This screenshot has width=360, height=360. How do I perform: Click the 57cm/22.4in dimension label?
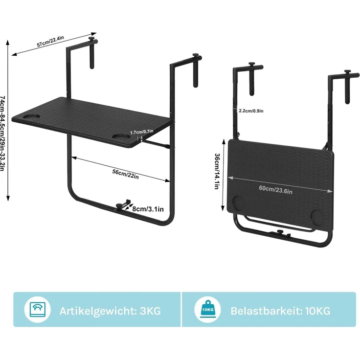tap(50, 42)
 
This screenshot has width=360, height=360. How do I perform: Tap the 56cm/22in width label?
tap(125, 174)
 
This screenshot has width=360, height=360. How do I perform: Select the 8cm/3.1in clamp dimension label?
tap(148, 209)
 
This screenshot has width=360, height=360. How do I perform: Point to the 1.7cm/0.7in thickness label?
tap(142, 132)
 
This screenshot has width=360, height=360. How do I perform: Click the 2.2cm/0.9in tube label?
tap(251, 111)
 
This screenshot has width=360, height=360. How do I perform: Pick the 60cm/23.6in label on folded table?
tap(276, 190)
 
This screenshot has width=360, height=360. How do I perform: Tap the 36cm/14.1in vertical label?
tap(217, 171)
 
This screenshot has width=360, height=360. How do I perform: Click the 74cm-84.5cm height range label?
tap(2, 133)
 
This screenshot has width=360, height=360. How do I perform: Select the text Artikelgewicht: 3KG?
tap(110, 311)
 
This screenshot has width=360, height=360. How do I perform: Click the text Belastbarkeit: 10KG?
tap(280, 311)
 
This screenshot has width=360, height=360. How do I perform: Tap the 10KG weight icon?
tap(208, 309)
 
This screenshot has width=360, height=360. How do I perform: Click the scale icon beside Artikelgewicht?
tap(38, 310)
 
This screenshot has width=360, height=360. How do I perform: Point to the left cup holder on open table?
tap(32, 117)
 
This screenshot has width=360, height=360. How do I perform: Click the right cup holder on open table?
tap(121, 137)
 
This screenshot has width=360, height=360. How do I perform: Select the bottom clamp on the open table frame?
tap(123, 205)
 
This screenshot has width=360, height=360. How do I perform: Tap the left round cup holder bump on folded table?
tap(238, 202)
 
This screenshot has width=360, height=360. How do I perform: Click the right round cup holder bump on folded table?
tap(317, 216)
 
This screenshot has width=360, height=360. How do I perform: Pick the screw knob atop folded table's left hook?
tap(252, 64)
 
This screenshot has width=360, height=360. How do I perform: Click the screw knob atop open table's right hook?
tap(196, 55)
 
